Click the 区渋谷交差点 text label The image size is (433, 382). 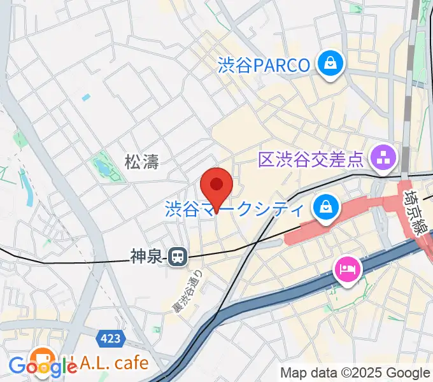311,159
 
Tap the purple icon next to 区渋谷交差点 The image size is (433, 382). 384,159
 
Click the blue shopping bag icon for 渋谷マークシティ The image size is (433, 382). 325,208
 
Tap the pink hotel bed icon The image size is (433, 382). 347,269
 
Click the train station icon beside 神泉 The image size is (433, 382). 176,257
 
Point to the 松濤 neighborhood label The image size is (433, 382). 141,162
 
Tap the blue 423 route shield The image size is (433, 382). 111,338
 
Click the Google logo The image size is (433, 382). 43,367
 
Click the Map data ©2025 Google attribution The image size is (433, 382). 355,373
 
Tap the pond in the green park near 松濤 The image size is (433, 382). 101,167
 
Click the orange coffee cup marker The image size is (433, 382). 43,358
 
